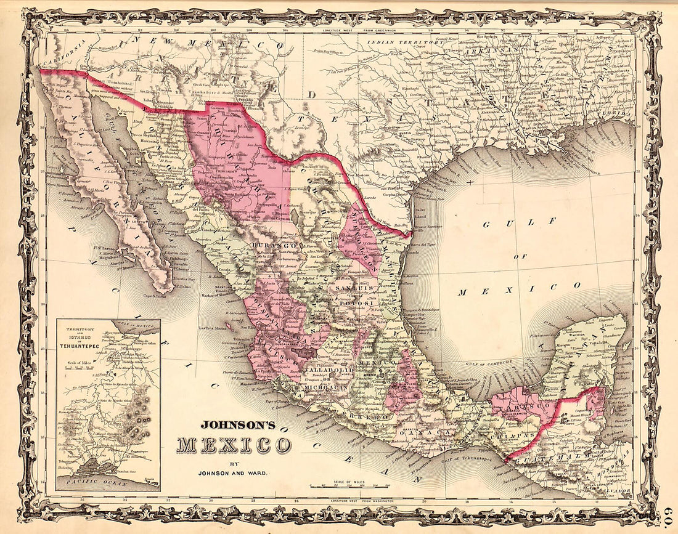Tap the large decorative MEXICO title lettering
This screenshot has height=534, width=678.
(x=234, y=445)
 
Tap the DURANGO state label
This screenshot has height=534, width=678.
(x=267, y=245)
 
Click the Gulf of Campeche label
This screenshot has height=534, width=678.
(x=487, y=363)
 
